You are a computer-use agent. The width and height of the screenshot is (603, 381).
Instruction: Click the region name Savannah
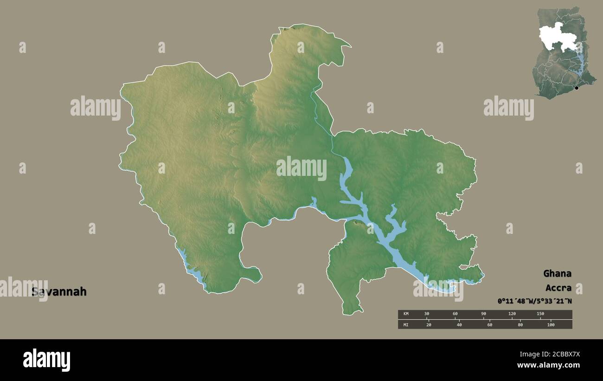[x=59, y=292]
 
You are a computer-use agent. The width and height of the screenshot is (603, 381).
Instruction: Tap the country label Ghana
[x=557, y=273]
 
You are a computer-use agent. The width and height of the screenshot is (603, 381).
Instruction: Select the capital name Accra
[x=558, y=288]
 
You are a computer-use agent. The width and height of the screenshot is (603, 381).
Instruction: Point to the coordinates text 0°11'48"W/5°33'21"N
[x=534, y=301]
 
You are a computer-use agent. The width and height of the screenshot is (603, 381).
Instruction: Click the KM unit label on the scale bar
[x=406, y=314]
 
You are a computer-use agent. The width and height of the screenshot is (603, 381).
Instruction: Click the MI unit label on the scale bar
[x=406, y=324]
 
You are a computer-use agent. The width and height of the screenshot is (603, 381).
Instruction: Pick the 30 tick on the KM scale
[x=427, y=314]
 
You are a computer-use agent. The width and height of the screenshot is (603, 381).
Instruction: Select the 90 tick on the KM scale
[x=483, y=314]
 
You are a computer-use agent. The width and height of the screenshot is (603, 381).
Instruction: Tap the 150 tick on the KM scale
[x=540, y=314]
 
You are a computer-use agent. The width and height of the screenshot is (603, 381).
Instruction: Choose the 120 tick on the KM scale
[x=512, y=314]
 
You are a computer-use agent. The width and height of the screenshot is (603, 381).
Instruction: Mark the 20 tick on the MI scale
[x=429, y=324]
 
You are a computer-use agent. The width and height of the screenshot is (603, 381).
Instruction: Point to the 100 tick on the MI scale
[x=551, y=324]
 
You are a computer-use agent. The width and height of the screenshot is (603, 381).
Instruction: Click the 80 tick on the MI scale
[x=520, y=324]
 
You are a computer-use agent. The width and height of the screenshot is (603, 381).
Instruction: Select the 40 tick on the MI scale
[x=459, y=324]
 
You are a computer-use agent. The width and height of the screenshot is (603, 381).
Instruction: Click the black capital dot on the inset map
[x=577, y=88]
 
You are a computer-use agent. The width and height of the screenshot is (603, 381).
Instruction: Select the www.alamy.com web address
[x=548, y=365]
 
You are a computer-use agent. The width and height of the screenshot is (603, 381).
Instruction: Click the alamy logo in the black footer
[x=46, y=360]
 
